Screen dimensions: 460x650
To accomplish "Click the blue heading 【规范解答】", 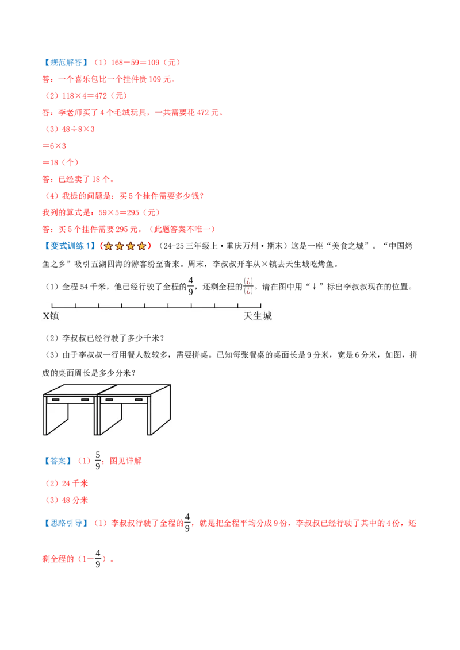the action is tap(66, 63).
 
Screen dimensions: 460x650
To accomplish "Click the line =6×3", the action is tap(54, 146).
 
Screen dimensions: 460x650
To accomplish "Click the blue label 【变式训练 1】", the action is tap(70, 246).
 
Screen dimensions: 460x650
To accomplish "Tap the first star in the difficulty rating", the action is tap(108, 246).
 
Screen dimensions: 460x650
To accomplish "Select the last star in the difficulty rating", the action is tap(141, 246).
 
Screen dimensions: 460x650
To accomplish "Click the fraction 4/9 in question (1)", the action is tap(190, 286).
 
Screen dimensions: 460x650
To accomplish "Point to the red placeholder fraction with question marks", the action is tap(248, 286).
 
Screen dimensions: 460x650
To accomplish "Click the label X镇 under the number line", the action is tap(51, 316).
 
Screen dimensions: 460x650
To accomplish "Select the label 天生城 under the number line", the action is tap(258, 316).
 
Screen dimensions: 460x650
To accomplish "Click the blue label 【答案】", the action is tap(57, 461).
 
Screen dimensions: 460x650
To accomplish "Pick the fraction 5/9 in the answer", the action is tap(98, 461).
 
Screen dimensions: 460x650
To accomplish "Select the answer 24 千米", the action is tap(75, 483).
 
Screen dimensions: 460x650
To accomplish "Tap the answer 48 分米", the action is tap(75, 500).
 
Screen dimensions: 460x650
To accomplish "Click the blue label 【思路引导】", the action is tap(66, 523).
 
